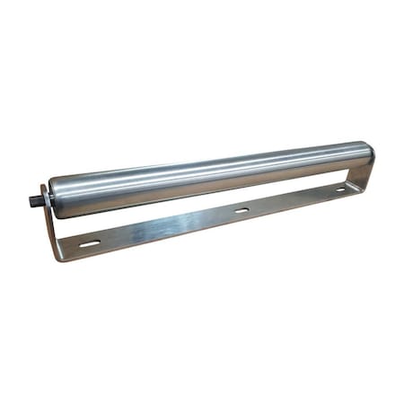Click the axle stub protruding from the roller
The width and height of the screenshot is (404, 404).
(x=39, y=195)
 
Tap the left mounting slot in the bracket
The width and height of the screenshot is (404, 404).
(x=90, y=243)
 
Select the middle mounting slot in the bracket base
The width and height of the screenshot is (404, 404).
(x=242, y=210)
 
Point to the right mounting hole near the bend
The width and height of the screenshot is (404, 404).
(x=340, y=190)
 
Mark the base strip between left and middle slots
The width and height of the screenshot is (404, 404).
(x=166, y=227)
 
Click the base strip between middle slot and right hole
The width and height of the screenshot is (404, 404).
(x=292, y=200)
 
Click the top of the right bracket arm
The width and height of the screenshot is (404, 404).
(x=371, y=160)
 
